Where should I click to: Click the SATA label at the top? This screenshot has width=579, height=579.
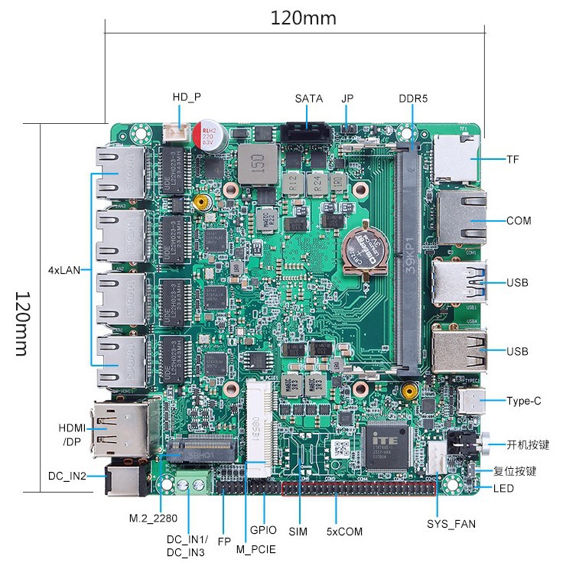coord(308,99)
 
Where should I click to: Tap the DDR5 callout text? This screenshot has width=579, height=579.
coord(413,99)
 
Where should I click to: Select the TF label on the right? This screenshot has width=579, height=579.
coord(512,160)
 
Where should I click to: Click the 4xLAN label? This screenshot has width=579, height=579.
coord(64,269)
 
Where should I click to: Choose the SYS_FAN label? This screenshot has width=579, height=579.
coord(451,524)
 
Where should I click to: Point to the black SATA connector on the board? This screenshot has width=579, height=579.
coord(307,133)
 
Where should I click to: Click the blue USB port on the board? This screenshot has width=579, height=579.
coord(458,281)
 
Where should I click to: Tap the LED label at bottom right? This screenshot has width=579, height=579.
coord(503,489)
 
